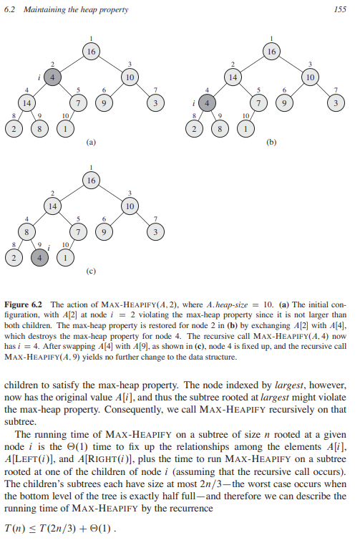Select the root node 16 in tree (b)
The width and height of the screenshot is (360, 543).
pyautogui.click(x=271, y=52)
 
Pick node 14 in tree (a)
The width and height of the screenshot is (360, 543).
pyautogui.click(x=27, y=102)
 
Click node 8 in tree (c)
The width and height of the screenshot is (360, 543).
pyautogui.click(x=27, y=231)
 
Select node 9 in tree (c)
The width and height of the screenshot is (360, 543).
pyautogui.click(x=105, y=231)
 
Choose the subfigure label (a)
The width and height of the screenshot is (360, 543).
pyautogui.click(x=90, y=143)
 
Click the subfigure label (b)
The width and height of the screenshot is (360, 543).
pyautogui.click(x=271, y=143)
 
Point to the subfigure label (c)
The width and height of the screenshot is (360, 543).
pyautogui.click(x=90, y=271)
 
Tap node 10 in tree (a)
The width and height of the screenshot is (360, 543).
pyautogui.click(x=130, y=77)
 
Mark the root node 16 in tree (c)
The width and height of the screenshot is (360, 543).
pyautogui.click(x=90, y=181)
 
